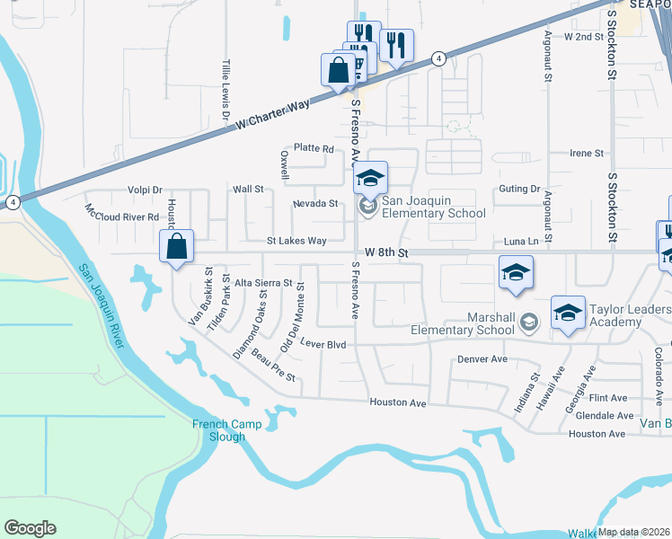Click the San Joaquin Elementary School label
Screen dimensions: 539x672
click(434, 207)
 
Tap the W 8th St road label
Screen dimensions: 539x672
click(387, 254)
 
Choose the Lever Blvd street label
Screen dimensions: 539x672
click(323, 344)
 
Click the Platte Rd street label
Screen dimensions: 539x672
click(314, 149)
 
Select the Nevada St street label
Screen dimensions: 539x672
click(315, 204)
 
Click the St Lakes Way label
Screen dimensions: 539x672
click(296, 241)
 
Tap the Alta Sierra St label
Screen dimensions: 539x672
click(263, 283)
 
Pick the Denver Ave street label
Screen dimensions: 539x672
click(482, 358)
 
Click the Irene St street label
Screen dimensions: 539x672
click(587, 154)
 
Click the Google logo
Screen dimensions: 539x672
click(30, 528)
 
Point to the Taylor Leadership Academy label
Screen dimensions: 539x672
click(630, 316)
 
